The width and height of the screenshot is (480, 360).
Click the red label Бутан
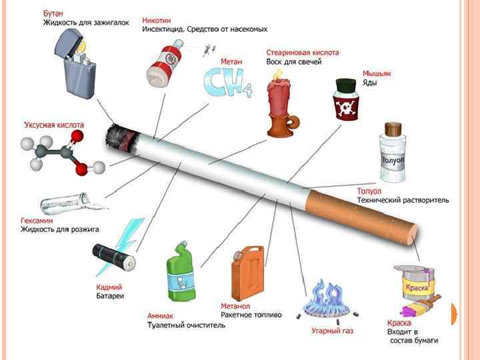[x=55, y=13]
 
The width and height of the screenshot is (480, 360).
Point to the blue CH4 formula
[x=227, y=84]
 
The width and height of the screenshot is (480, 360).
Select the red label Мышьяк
[x=377, y=73]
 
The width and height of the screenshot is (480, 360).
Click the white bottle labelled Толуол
[x=391, y=154]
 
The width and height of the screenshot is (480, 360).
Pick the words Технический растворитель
[x=403, y=200]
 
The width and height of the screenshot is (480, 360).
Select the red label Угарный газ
[x=332, y=331]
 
